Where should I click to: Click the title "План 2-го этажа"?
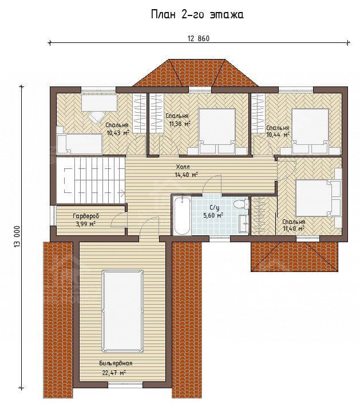click(197, 15)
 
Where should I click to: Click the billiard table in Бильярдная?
click(122, 311)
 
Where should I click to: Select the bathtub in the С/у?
click(182, 216)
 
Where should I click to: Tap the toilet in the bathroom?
click(240, 204)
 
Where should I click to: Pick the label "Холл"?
click(183, 167)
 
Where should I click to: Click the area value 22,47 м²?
click(114, 373)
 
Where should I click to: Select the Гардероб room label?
click(86, 216)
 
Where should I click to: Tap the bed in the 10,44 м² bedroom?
click(310, 131)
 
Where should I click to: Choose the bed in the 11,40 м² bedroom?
click(318, 198)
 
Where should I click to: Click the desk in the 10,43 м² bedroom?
click(99, 103)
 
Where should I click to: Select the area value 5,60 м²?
click(213, 215)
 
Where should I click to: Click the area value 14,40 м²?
click(186, 175)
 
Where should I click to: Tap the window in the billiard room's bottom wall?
click(125, 385)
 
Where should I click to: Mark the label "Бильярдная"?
click(116, 364)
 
